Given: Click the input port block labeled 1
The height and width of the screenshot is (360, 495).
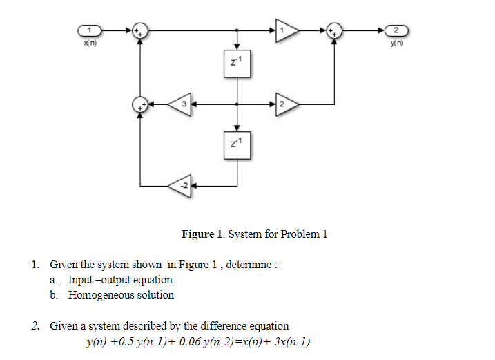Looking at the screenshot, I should [x=91, y=30].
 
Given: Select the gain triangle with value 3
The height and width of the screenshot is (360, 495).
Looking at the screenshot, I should [x=180, y=104].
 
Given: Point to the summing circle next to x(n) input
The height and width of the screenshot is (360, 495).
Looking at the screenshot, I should [x=140, y=30].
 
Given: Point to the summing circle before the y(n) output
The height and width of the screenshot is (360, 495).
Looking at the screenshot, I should [x=334, y=30].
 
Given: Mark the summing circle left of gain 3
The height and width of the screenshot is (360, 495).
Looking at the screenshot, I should [x=140, y=104].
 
